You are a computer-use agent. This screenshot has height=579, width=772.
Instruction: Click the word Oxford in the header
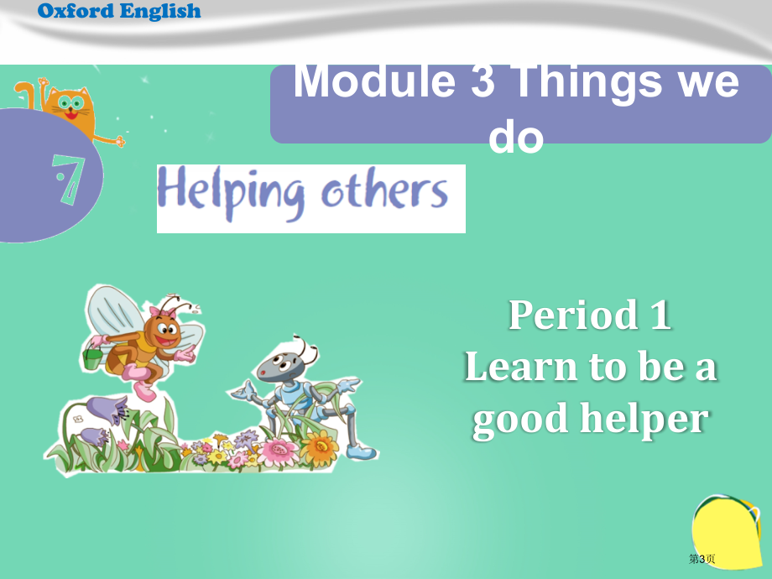(76, 11)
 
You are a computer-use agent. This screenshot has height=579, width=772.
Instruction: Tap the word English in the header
(160, 12)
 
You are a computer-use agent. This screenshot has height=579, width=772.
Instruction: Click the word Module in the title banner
(375, 81)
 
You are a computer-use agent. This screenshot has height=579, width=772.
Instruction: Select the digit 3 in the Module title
(482, 81)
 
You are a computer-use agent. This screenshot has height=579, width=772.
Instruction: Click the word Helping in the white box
(232, 193)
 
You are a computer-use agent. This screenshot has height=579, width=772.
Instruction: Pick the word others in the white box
(384, 189)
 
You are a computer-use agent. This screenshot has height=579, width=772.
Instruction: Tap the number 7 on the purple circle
(69, 180)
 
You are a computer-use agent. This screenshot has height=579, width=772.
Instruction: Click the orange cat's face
(71, 107)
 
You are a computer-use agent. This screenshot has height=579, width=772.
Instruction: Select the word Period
(573, 315)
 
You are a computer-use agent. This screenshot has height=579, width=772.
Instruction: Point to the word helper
(644, 420)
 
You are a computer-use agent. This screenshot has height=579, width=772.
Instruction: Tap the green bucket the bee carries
(92, 358)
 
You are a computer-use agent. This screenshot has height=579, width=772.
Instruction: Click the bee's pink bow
(163, 311)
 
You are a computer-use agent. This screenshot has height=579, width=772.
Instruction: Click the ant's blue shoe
(360, 452)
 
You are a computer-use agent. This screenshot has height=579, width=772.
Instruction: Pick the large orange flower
(320, 447)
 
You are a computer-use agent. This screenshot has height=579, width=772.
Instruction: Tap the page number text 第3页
(702, 559)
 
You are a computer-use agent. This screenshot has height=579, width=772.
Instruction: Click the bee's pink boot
(144, 390)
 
